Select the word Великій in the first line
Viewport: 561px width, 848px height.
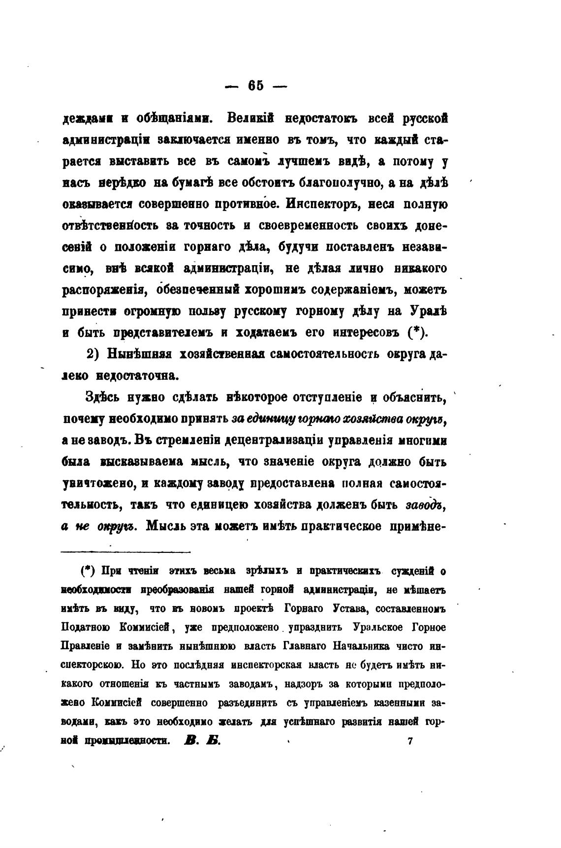pyautogui.click(x=251, y=119)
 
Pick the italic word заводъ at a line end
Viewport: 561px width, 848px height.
pyautogui.click(x=426, y=505)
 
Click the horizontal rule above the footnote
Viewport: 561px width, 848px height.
pyautogui.click(x=126, y=551)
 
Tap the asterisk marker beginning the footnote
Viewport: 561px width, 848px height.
pyautogui.click(x=86, y=571)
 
